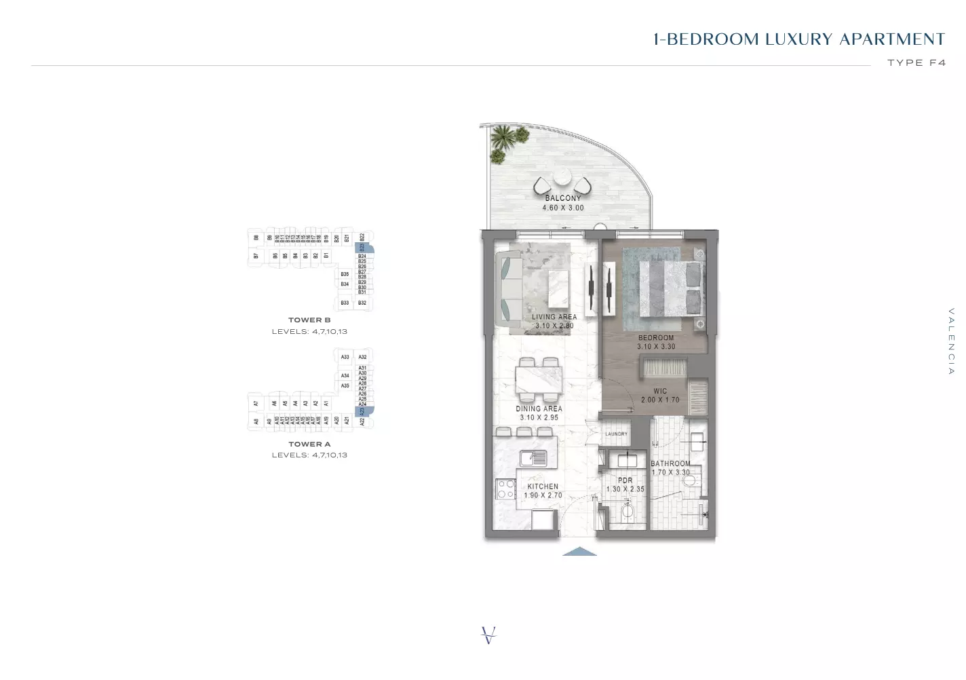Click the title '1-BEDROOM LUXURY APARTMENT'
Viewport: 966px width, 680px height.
click(798, 39)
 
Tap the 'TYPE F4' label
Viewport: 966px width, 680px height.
click(916, 62)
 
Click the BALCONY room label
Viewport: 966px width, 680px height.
click(563, 198)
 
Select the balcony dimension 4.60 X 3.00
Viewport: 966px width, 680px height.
click(563, 208)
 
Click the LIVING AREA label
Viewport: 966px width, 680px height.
click(554, 317)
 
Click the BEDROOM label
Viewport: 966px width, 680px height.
click(655, 337)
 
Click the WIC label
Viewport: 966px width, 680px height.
click(660, 392)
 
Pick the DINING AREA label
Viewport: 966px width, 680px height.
click(539, 409)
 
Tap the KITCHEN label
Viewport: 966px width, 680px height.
click(543, 487)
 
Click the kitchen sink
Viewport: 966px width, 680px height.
click(533, 457)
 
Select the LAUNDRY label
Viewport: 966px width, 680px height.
click(616, 434)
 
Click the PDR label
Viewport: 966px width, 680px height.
click(625, 480)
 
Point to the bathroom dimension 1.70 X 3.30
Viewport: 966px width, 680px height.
click(670, 472)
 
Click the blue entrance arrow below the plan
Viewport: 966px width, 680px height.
click(580, 551)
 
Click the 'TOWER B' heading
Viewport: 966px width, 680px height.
click(309, 320)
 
